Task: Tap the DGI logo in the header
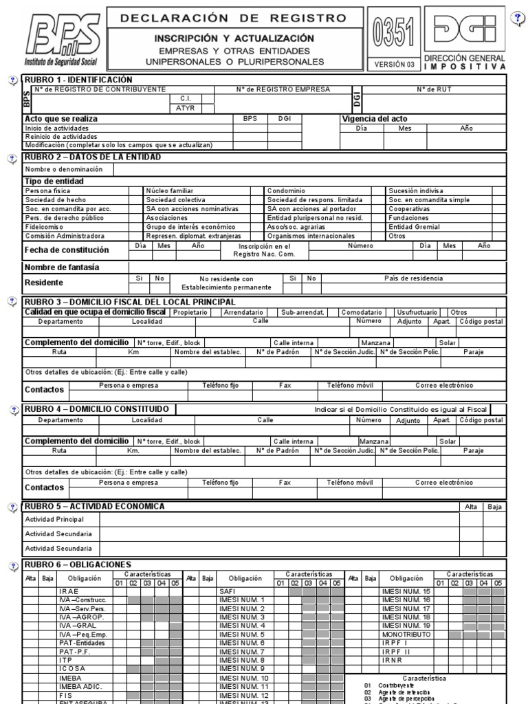[x=465, y=30]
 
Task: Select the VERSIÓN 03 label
[x=395, y=64]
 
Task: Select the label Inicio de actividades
[x=56, y=128]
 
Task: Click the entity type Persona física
[x=47, y=190]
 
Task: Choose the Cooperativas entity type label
[x=409, y=208]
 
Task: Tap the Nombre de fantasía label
[x=62, y=267]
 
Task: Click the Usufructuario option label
[x=415, y=312]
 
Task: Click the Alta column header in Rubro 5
[x=471, y=507]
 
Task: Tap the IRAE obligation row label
[x=69, y=591]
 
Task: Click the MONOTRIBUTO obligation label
[x=406, y=634]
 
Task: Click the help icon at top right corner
[x=518, y=19]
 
